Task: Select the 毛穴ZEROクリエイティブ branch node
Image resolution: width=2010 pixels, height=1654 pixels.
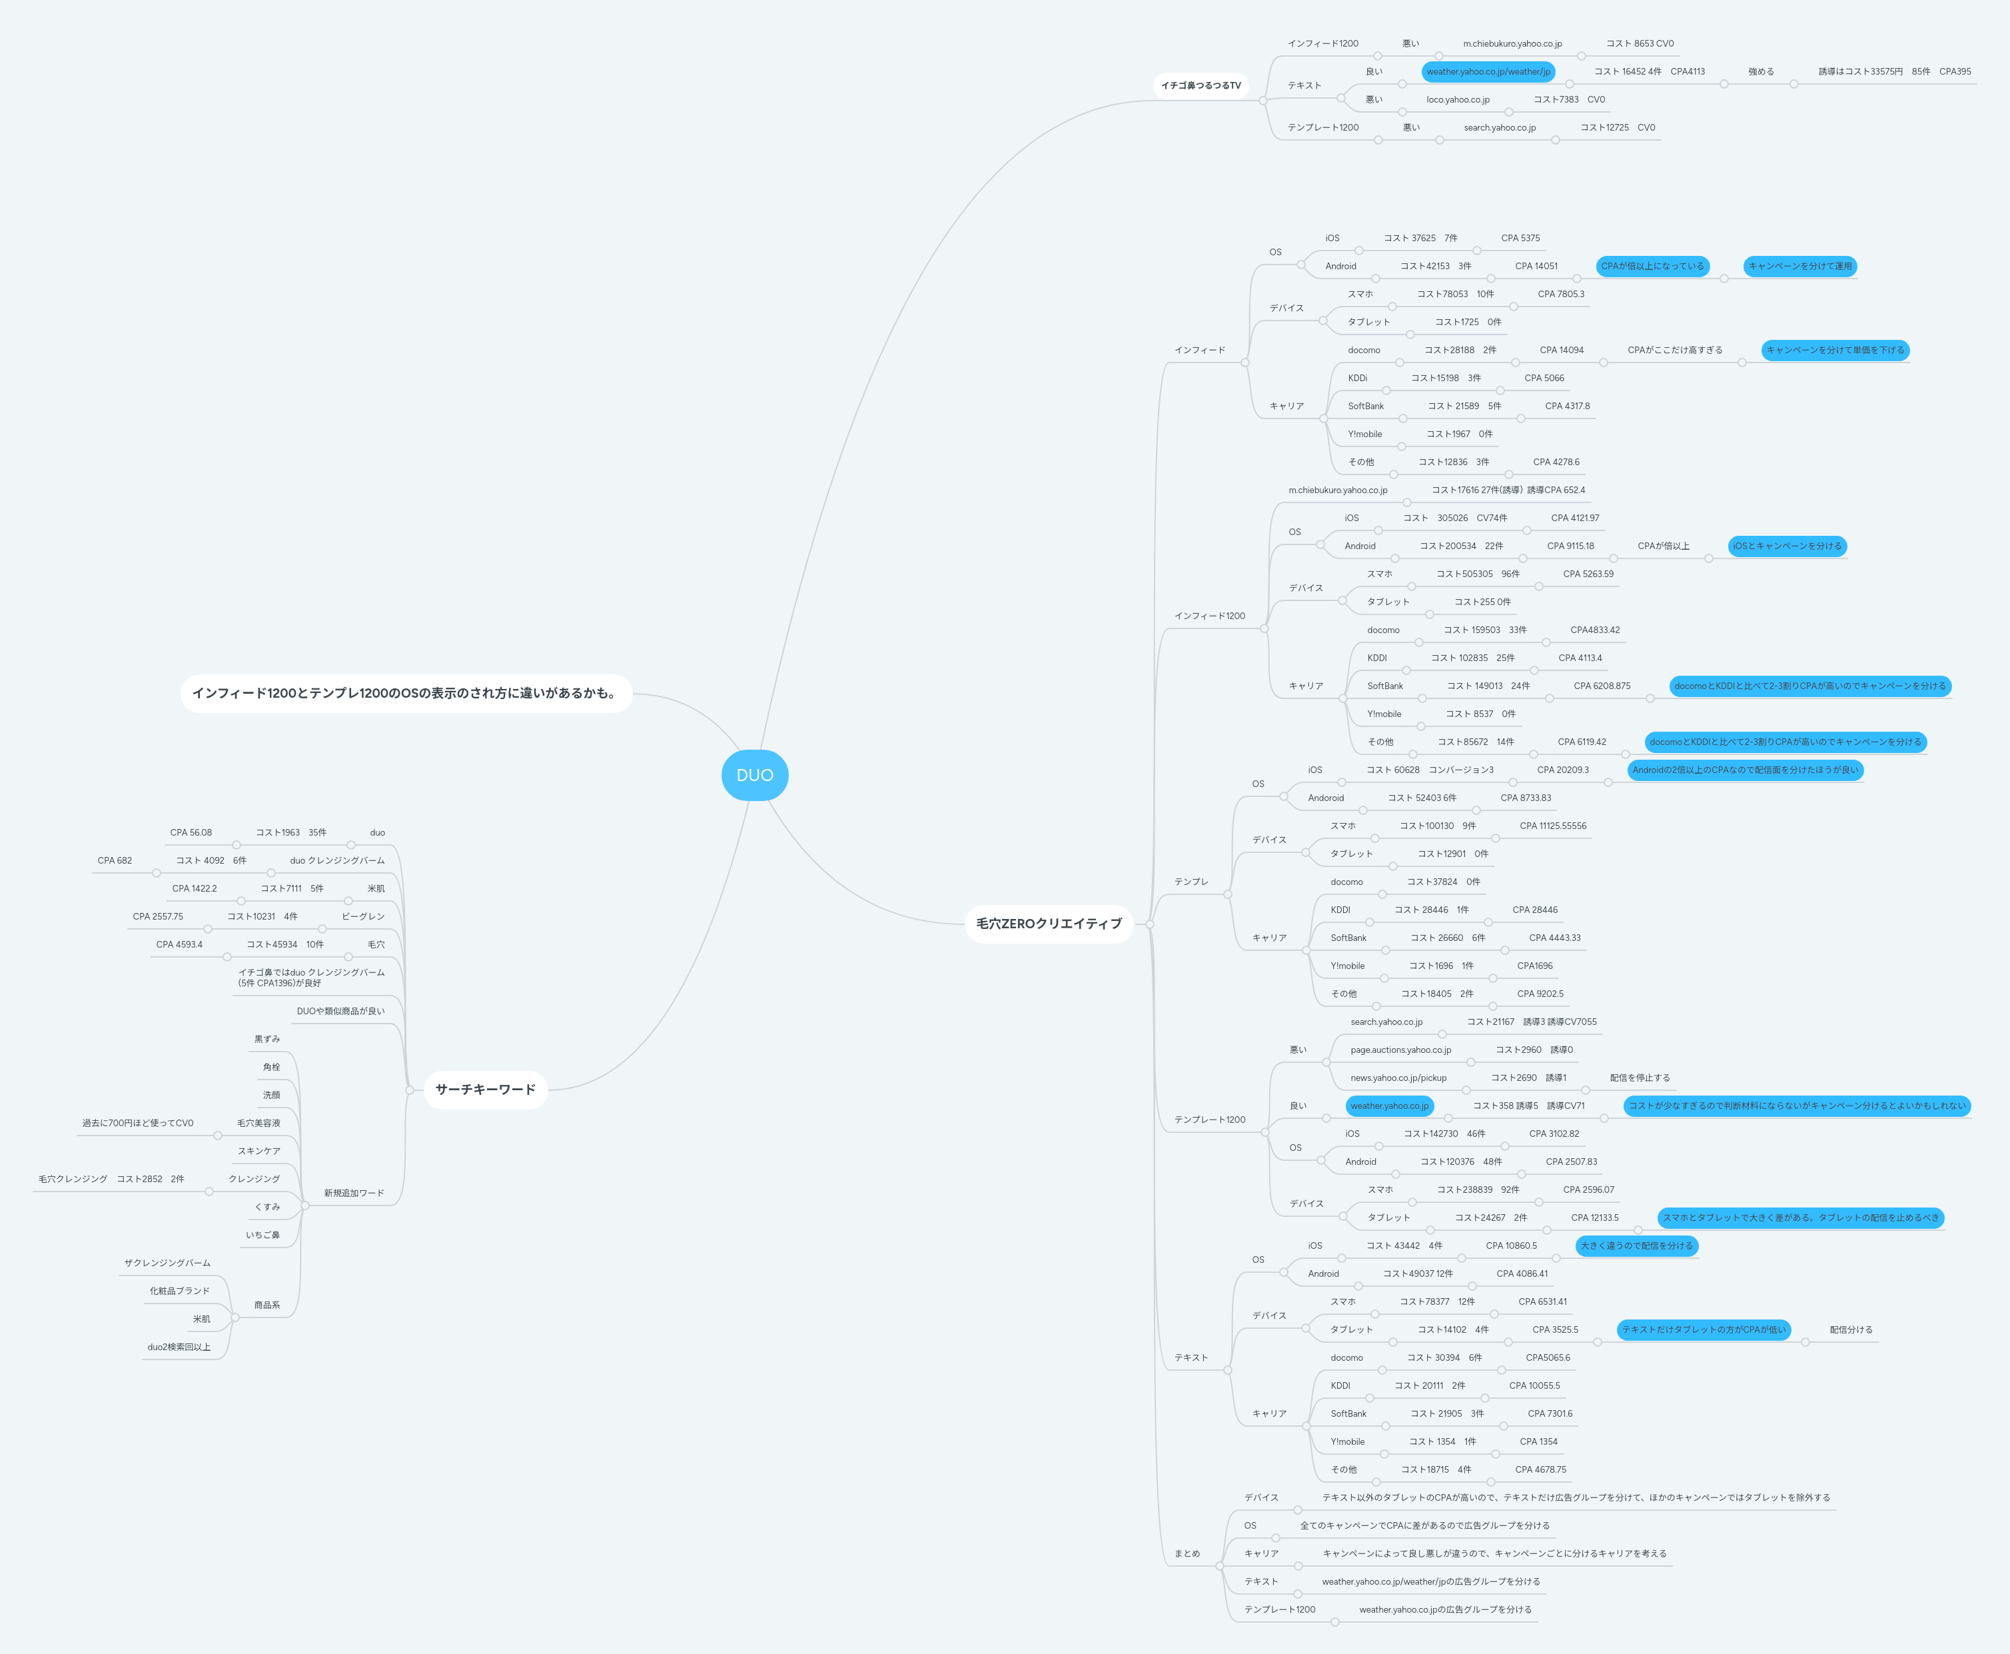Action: point(1049,923)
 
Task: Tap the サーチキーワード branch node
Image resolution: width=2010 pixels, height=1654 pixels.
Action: point(485,1089)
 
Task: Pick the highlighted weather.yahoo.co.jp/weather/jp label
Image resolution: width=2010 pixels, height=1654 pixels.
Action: point(1488,71)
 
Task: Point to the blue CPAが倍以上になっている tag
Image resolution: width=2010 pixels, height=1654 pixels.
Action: point(1652,266)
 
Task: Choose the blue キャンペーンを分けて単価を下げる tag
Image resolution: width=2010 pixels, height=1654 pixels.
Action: point(1835,350)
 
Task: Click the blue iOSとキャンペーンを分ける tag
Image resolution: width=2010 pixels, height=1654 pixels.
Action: point(1787,546)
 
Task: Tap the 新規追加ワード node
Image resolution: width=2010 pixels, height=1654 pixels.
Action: point(353,1193)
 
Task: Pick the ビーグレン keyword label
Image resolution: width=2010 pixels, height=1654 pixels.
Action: point(363,916)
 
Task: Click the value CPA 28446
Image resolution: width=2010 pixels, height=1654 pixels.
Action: point(1535,910)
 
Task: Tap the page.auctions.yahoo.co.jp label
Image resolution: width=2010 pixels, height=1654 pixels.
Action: point(1400,1050)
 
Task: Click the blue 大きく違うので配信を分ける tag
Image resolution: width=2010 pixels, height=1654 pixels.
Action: point(1636,1245)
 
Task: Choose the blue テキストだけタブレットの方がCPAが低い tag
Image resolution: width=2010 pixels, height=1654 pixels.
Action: point(1704,1329)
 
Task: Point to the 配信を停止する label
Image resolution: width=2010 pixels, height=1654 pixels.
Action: point(1640,1078)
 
